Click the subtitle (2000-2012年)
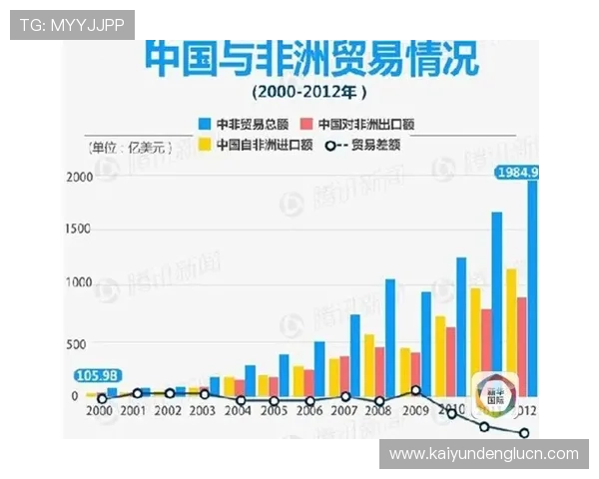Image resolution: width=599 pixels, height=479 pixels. coord(309,92)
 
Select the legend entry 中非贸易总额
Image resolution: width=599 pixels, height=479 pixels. coord(246,124)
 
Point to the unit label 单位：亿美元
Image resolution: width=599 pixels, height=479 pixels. coord(131,148)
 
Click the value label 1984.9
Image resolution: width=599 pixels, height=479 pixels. coord(518,173)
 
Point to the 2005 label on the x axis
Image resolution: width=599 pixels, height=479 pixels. coord(272,411)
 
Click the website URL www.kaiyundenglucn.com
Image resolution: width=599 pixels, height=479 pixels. coord(483,454)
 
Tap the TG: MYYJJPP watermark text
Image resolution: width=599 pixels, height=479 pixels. coord(72,25)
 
